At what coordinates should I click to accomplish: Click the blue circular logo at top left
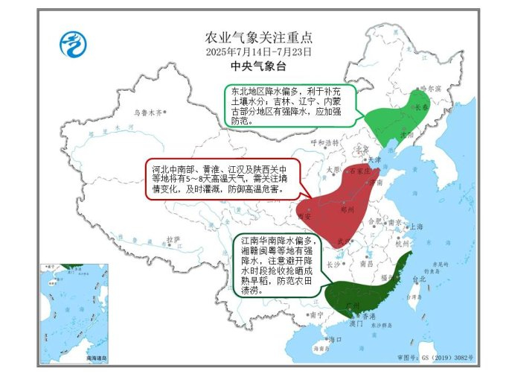tap(73, 44)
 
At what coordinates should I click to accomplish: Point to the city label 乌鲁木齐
tap(147, 113)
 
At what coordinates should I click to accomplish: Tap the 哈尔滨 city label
tap(431, 88)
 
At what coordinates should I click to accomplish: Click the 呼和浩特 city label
tap(324, 142)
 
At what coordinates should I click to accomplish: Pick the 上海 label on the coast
tap(416, 227)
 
